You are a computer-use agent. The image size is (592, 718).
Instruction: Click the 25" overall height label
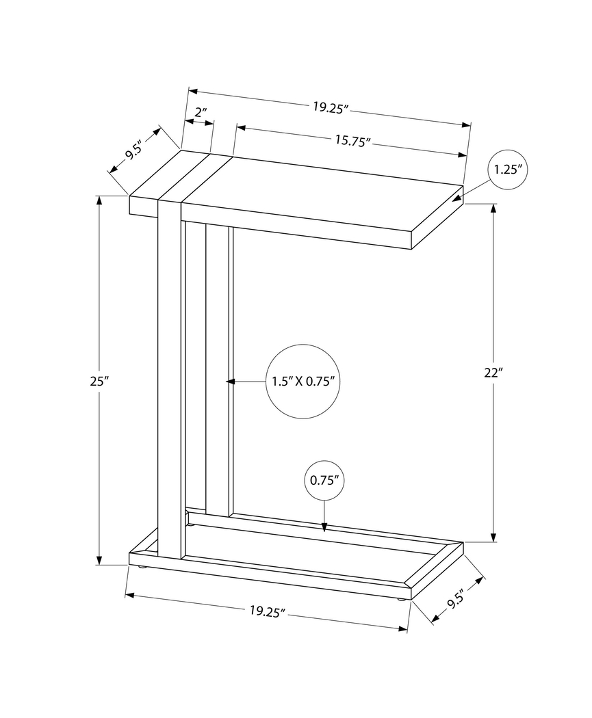pyautogui.click(x=95, y=382)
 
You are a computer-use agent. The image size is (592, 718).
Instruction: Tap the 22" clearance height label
pyautogui.click(x=493, y=373)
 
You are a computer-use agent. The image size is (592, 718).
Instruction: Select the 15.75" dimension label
pyautogui.click(x=352, y=140)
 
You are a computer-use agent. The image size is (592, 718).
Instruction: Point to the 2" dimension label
pyautogui.click(x=201, y=111)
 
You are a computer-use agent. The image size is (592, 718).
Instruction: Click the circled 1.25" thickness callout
pyautogui.click(x=508, y=170)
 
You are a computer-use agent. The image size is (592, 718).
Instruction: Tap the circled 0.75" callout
pyautogui.click(x=324, y=480)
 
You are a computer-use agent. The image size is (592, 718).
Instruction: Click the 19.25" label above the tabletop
pyautogui.click(x=331, y=107)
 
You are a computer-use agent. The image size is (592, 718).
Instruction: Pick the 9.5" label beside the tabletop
pyautogui.click(x=133, y=149)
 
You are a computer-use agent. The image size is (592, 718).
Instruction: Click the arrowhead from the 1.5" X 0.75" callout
pyautogui.click(x=231, y=381)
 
